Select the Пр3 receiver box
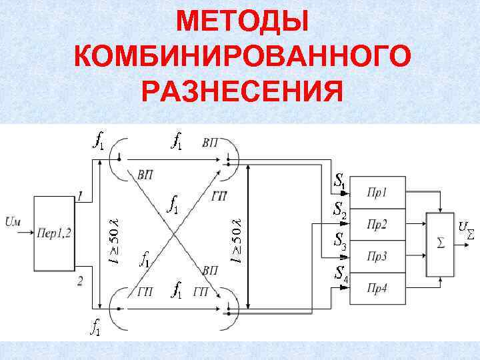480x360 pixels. pos(377,256)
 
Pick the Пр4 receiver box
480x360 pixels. pos(377,287)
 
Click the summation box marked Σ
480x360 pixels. pos(439,245)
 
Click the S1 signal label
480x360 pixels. pos(339,181)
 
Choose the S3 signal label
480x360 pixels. pos(339,241)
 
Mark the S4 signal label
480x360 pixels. pos(341,273)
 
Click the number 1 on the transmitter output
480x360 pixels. pos(81,196)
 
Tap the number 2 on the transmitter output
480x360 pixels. pos(81,281)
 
